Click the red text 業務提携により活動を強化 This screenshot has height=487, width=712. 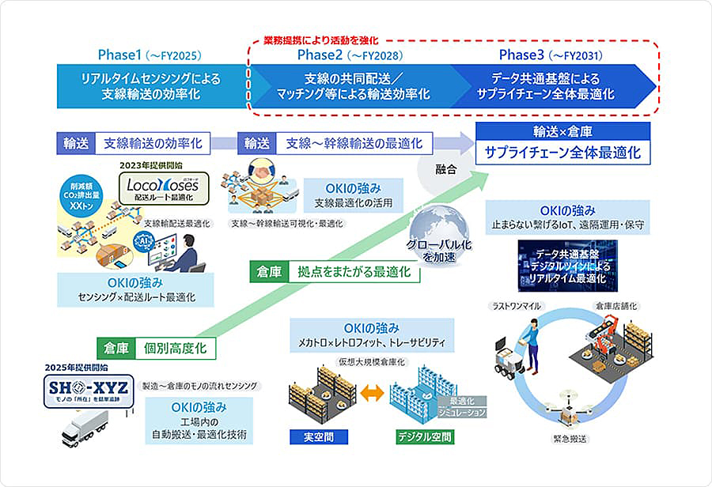[322, 40]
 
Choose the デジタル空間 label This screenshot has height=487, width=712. [425, 436]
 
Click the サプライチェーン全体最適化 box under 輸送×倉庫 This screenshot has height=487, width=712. [562, 153]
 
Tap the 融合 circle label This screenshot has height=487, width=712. [446, 168]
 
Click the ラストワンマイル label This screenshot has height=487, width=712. [516, 305]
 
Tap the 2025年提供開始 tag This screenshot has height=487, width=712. [77, 368]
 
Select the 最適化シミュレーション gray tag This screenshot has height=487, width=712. [462, 407]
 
